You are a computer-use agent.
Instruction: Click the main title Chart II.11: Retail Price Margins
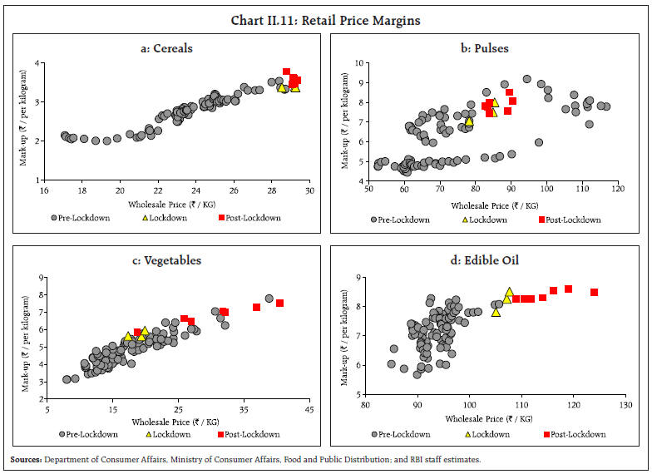325,11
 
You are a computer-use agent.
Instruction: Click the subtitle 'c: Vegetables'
166,260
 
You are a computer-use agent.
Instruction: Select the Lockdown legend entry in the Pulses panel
487,220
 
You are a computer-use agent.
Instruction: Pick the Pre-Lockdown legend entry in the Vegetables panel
88,434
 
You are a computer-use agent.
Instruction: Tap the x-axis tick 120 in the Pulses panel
617,192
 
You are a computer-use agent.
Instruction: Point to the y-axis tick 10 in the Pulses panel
360,63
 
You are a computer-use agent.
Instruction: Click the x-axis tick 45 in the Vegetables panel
309,408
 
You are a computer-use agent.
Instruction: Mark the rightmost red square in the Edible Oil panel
595,292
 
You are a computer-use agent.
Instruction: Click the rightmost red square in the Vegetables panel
280,303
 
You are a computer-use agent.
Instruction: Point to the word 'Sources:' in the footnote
26,459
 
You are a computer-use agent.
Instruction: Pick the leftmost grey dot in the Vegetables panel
67,379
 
